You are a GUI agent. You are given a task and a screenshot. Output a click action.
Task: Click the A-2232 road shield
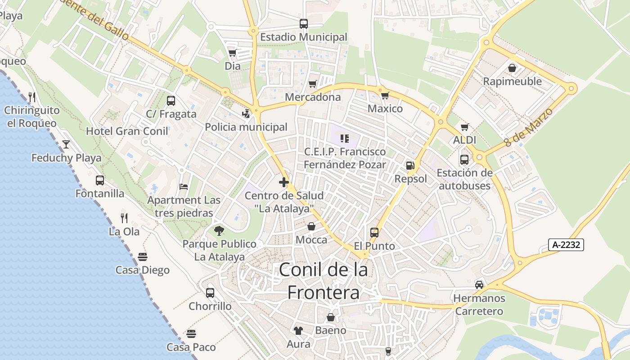[567, 245]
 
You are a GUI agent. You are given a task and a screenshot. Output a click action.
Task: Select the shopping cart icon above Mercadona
[312, 84]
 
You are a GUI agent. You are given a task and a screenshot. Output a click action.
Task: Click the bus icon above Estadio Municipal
[304, 24]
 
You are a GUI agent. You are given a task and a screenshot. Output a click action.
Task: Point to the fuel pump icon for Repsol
[410, 166]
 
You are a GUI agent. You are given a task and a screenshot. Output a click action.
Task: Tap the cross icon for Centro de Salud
[283, 182]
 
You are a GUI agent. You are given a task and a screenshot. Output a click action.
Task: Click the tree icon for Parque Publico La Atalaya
[219, 231]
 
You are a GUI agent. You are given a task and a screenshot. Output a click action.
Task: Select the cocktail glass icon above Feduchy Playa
[66, 144]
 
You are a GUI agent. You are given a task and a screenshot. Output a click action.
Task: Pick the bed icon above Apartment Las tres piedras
[184, 186]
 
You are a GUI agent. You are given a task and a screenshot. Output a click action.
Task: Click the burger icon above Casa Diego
[143, 257]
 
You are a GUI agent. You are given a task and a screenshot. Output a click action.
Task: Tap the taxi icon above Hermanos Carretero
[479, 285]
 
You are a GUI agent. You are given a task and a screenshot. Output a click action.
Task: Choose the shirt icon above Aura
[298, 331]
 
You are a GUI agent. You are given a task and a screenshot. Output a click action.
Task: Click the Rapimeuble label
[512, 81]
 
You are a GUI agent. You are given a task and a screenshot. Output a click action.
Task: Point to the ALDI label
[464, 140]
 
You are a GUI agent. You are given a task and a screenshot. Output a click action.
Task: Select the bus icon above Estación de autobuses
[464, 160]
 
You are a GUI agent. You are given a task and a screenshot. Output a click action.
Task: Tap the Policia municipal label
[246, 127]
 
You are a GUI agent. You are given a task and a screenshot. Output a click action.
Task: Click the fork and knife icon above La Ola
[124, 218]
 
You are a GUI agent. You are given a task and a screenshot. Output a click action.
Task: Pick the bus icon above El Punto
[374, 233]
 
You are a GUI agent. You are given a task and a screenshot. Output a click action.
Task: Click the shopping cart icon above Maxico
[385, 95]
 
